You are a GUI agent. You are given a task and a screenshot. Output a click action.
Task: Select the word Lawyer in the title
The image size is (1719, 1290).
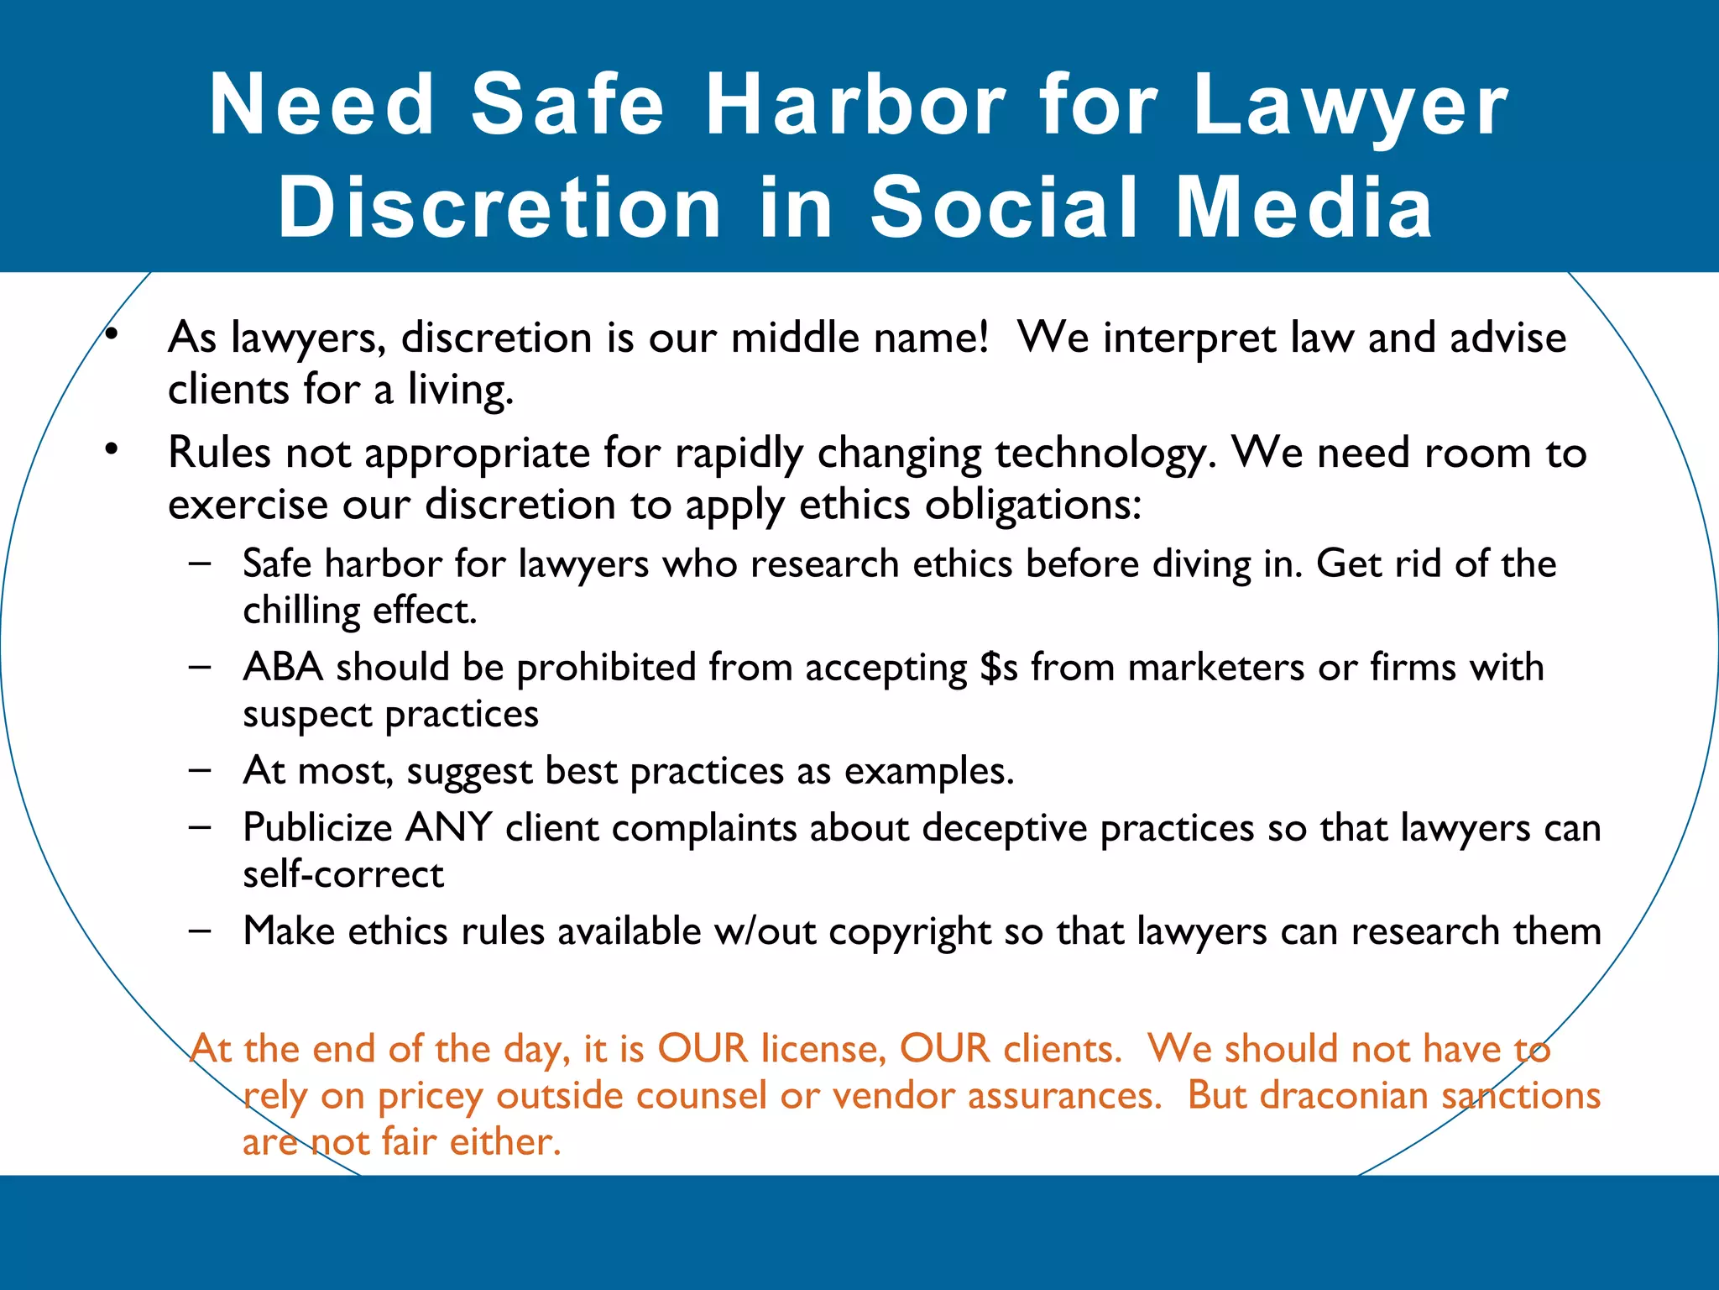coord(1351,107)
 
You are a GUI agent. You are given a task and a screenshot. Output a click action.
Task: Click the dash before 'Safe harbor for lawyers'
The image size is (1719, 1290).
coord(200,563)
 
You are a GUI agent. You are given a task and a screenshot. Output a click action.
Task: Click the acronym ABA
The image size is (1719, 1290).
coord(283,667)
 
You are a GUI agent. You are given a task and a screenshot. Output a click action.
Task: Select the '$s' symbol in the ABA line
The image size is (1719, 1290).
coord(999,668)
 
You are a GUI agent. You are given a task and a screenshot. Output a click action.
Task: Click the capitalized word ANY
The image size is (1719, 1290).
coord(449,827)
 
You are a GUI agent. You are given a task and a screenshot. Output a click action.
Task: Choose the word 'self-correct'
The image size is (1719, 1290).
coord(343,875)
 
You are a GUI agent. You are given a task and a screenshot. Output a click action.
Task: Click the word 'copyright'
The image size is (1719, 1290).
coord(911,932)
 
